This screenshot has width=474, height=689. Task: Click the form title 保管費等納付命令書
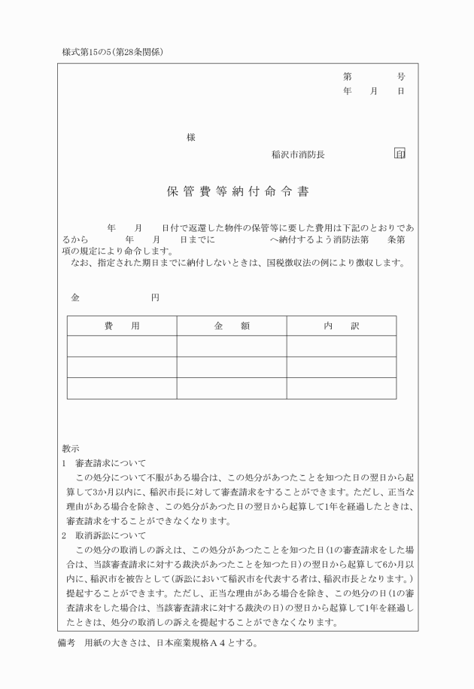point(237,191)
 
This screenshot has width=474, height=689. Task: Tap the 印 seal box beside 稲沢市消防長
point(400,154)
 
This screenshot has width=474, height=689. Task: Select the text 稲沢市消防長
point(299,154)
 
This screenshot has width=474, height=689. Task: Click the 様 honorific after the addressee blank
point(191,138)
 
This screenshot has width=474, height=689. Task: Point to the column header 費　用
point(122,325)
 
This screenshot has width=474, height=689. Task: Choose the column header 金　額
point(232,325)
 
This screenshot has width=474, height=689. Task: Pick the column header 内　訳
point(342,325)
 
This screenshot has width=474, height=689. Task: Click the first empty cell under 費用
point(122,346)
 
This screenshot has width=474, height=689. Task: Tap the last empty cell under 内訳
point(342,388)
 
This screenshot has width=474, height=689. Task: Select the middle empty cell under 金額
point(232,367)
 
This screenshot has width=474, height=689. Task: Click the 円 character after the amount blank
point(154,297)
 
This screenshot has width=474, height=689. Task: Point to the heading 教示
point(71,449)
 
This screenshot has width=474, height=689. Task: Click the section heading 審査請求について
point(111,463)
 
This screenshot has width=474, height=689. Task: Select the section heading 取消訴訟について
point(111,535)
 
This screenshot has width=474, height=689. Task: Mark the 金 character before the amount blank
point(74,297)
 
